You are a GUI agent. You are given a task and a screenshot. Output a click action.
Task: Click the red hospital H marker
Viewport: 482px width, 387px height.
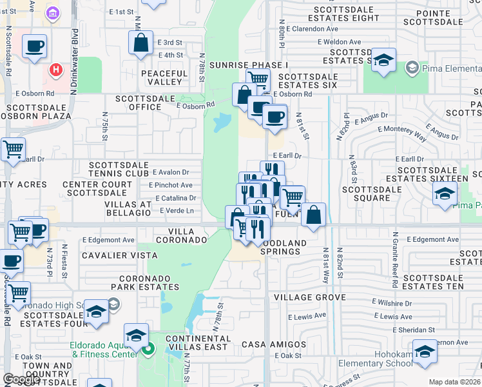(56, 68)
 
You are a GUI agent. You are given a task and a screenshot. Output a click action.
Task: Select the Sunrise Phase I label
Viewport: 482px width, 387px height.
(247, 66)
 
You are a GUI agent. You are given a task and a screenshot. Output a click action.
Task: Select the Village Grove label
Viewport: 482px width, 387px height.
(309, 297)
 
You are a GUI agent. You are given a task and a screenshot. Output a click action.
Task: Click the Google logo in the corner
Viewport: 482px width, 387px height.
(21, 379)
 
